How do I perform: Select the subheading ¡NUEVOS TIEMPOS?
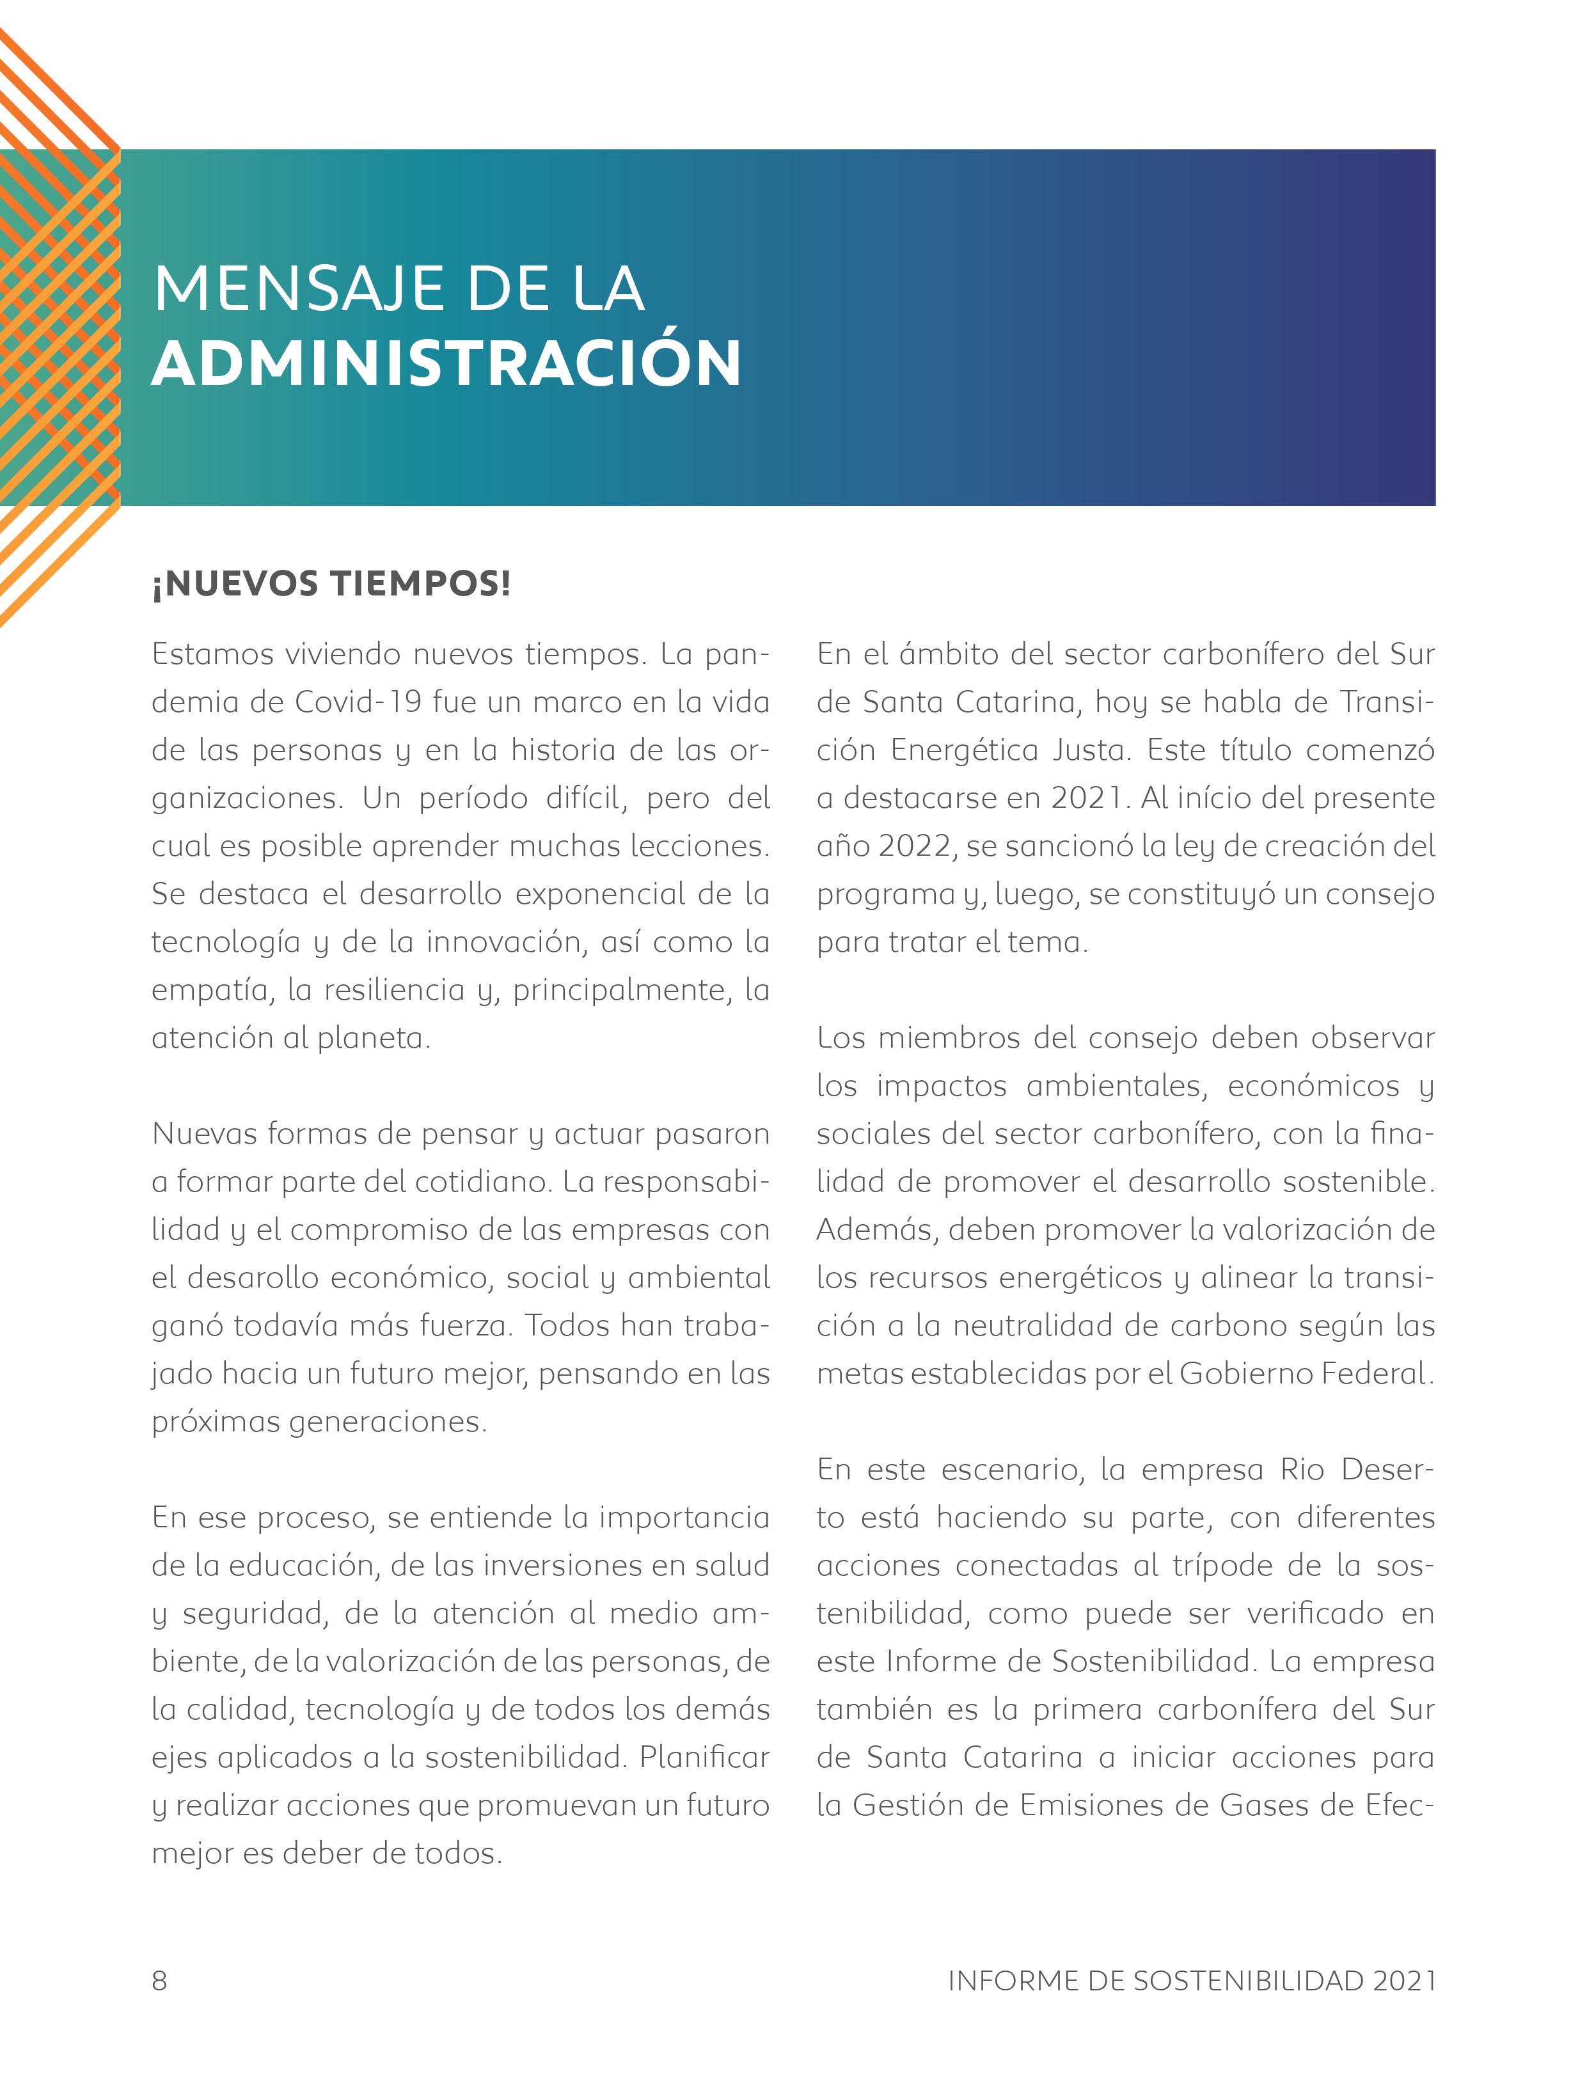click(x=331, y=584)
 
